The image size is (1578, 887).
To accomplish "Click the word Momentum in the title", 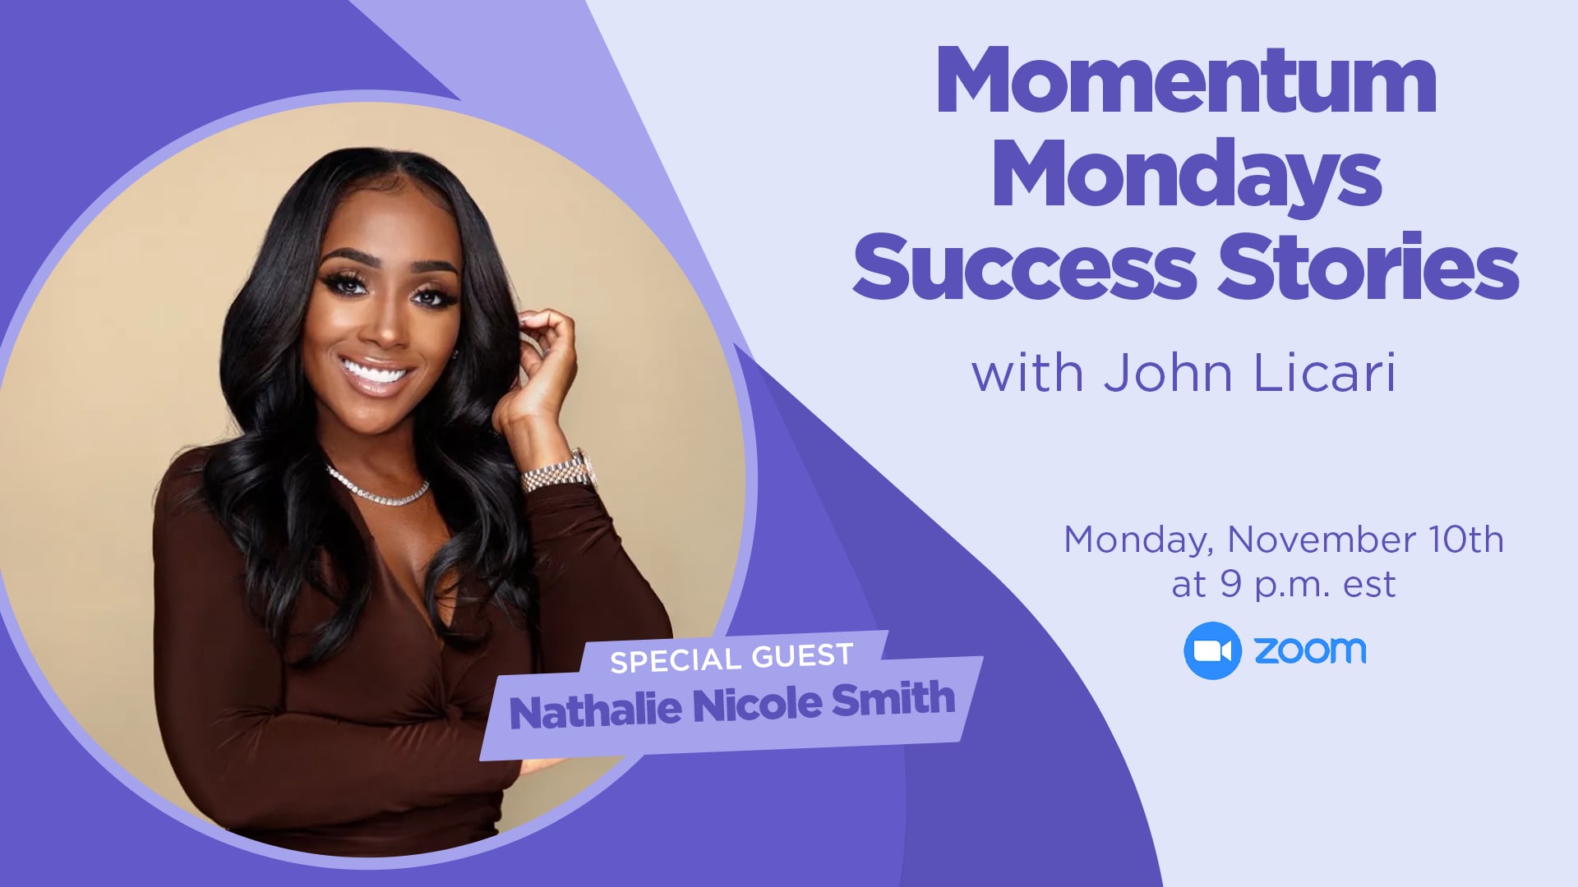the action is coord(1186,80).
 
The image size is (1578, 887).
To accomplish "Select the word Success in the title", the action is coord(1025,267).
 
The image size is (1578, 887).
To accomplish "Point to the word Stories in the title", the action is coord(1368,264).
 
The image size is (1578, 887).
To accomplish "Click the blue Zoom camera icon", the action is coord(1212,650).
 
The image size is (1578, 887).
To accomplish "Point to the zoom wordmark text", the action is coord(1310,650).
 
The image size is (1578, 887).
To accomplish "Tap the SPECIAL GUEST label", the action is coord(731,657).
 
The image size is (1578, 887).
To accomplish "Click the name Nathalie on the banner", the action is coord(595,710).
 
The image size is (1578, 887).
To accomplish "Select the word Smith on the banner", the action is coord(893,700).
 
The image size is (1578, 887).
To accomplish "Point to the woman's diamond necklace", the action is coord(378,487).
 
